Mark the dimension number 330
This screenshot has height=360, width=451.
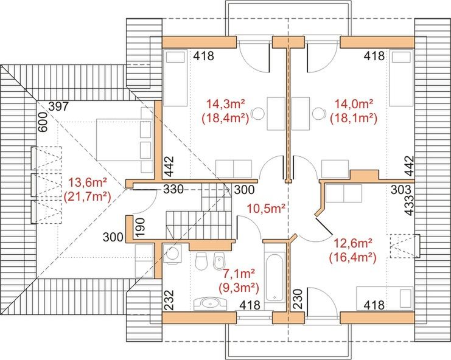pos(172,189)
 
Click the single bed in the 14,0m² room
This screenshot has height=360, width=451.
pos(400,79)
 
